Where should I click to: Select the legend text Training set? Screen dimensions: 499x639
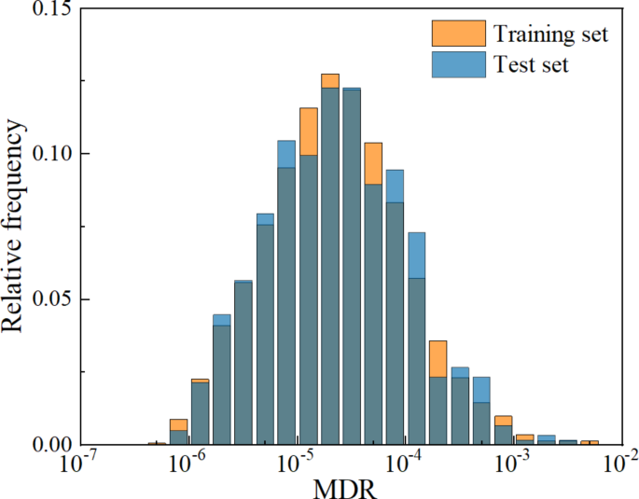(x=551, y=35)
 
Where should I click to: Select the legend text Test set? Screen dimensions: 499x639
(x=532, y=64)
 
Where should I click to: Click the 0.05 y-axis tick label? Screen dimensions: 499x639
(x=53, y=299)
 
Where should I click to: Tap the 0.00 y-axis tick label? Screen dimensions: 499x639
(x=53, y=445)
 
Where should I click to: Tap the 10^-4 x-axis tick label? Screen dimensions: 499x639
(x=404, y=464)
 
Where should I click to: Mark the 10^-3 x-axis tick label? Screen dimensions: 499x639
(x=511, y=464)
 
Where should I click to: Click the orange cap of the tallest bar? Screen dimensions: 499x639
(x=330, y=80)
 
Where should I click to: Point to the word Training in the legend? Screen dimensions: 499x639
(x=527, y=35)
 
